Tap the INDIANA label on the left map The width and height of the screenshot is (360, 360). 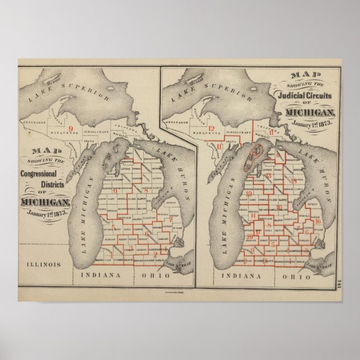(x=99, y=275)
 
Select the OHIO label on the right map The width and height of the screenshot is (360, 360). (x=296, y=276)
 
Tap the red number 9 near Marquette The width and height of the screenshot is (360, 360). (x=70, y=129)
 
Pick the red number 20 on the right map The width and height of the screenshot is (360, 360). (x=250, y=236)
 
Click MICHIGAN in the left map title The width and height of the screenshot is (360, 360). (x=46, y=202)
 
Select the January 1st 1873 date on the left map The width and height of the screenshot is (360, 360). (x=46, y=214)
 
